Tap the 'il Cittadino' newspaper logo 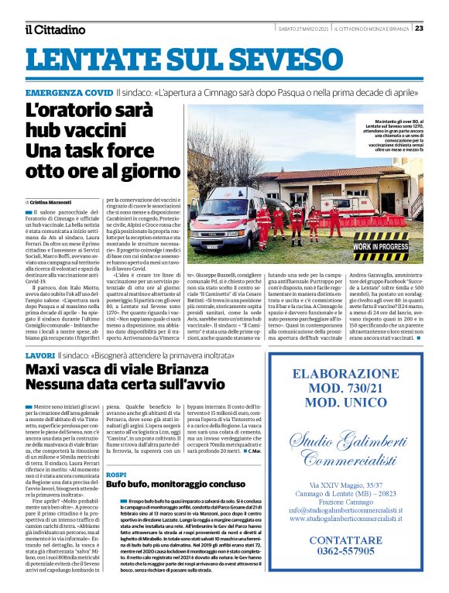click(x=55, y=29)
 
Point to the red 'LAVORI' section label click(x=39, y=354)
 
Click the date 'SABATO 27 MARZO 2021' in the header click(x=304, y=29)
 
